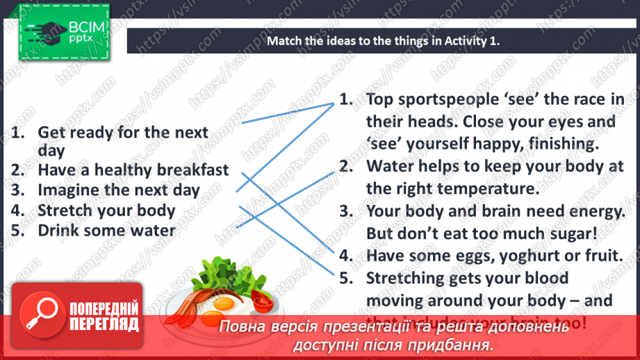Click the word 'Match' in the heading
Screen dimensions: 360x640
coord(284,41)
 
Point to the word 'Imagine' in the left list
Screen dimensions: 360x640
coord(67,190)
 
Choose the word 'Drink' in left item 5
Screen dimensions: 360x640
coord(58,230)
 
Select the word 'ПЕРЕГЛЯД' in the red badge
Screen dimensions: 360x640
coord(104,324)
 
